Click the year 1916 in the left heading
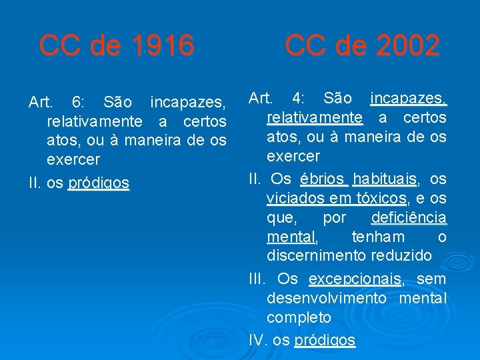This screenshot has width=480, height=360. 163,46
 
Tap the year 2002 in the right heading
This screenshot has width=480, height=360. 407,46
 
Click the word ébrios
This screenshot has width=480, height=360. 323,179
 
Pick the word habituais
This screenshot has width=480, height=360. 385,179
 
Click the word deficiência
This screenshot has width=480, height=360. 409,218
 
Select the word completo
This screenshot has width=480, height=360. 299,317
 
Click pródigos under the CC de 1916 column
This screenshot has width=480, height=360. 99,183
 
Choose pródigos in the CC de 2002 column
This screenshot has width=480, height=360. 325,340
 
